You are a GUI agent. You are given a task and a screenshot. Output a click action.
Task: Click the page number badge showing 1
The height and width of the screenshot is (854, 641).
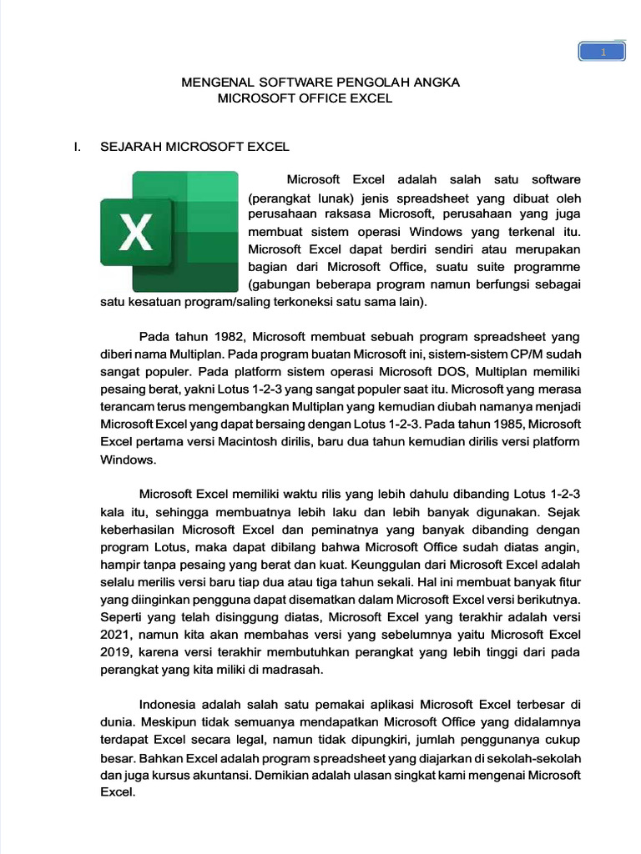pos(602,53)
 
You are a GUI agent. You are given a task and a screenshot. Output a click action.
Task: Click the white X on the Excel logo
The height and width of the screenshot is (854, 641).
pos(135,231)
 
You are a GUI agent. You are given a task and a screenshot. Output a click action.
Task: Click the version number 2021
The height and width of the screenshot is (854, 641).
pos(116,635)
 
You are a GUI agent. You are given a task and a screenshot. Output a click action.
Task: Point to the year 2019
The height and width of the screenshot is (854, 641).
pos(116,652)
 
